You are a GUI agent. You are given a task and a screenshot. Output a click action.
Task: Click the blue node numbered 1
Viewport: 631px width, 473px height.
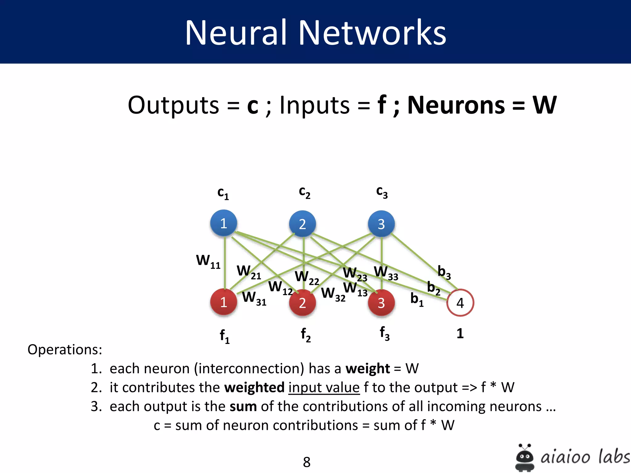(224, 223)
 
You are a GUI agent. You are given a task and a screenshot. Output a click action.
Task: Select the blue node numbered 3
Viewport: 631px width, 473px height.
(381, 224)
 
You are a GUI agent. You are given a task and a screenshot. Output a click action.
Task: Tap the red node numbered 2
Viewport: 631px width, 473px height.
(302, 303)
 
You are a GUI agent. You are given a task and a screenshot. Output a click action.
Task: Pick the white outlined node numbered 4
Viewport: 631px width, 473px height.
(460, 303)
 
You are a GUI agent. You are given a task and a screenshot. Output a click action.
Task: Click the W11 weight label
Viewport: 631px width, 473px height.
(209, 261)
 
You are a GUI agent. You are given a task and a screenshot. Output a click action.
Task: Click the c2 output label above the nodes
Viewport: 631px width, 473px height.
(304, 192)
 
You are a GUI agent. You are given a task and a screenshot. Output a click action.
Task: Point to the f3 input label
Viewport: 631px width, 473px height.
(385, 334)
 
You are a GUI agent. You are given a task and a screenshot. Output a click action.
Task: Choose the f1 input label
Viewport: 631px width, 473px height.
(225, 336)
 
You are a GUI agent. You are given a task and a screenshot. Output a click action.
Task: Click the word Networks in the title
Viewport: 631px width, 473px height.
(372, 33)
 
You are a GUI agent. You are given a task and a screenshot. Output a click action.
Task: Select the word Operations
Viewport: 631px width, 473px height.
(65, 350)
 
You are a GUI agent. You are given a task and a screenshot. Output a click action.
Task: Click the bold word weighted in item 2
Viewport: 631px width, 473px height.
(254, 387)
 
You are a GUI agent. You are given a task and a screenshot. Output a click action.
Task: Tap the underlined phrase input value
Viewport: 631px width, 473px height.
(324, 387)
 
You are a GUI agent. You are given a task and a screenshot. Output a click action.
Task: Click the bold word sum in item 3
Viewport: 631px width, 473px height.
(243, 406)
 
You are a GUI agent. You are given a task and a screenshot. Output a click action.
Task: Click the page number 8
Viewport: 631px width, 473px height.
(307, 462)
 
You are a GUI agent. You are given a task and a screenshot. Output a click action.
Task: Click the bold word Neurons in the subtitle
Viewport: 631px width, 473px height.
(456, 105)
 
